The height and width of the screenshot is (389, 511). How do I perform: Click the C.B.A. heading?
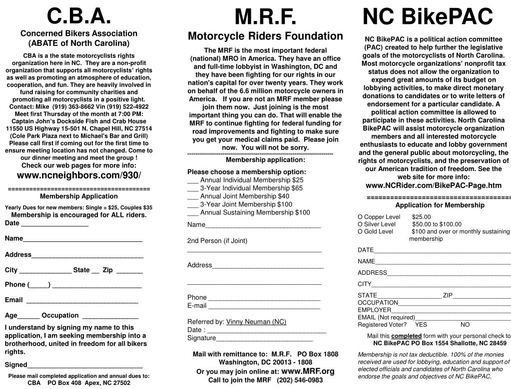tap(78, 16)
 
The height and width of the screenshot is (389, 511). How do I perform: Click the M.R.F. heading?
tap(265, 18)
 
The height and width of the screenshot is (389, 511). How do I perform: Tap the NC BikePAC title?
tap(428, 16)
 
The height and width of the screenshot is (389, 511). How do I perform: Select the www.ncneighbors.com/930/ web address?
tap(79, 175)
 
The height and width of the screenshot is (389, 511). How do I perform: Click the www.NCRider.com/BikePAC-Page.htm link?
tap(434, 185)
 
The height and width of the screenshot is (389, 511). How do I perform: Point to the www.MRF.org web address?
tap(308, 371)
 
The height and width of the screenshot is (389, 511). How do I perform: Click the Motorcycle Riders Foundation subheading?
tap(265, 36)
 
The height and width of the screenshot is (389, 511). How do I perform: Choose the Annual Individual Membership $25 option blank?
tap(193, 181)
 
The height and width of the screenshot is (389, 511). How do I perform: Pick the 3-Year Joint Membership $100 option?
tap(193, 204)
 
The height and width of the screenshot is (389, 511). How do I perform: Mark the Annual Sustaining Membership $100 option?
tap(193, 212)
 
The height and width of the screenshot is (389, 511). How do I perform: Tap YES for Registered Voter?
tap(421, 325)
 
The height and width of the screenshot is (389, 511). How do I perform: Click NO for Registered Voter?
tap(465, 325)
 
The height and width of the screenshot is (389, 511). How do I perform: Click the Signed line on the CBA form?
tap(85, 365)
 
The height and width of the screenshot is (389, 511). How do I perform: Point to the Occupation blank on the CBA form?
tap(110, 316)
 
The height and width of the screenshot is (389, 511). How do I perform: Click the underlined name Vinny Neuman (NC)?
tap(256, 322)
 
